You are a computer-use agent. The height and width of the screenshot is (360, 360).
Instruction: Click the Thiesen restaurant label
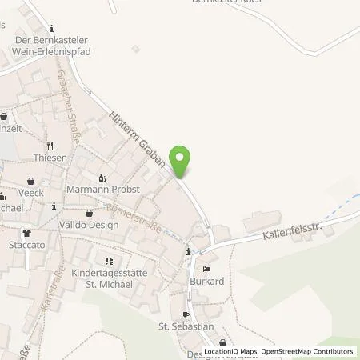50,158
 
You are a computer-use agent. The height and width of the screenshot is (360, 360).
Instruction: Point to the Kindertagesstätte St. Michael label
110,278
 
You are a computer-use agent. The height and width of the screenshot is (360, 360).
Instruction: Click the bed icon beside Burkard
207,270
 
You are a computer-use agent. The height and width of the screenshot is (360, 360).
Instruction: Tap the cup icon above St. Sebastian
186,314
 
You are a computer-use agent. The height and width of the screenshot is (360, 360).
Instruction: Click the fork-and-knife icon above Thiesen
50,146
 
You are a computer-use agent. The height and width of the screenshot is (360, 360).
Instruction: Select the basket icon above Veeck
30,180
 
